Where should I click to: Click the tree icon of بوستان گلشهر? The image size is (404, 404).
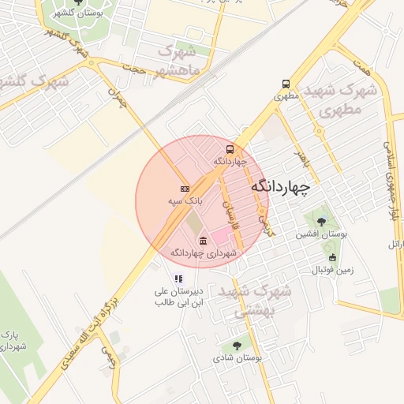coord(77,2)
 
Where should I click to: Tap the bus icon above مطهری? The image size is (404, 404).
coord(285,84)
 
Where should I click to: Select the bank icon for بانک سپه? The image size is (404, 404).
coord(185,189)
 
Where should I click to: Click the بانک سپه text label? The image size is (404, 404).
coord(185,202)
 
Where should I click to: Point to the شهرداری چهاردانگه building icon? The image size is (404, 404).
coord(204,241)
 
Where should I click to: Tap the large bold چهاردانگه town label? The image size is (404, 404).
coord(280,187)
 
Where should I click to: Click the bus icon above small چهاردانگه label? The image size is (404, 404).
coord(230,148)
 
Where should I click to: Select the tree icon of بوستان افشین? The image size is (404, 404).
coord(321,222)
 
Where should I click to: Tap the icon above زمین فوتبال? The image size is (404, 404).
coord(332,257)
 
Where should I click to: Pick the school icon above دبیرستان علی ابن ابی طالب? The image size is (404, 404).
coord(178,279)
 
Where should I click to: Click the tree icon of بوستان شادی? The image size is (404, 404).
coord(237,345)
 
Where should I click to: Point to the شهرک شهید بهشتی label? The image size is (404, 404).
coord(255,301)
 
